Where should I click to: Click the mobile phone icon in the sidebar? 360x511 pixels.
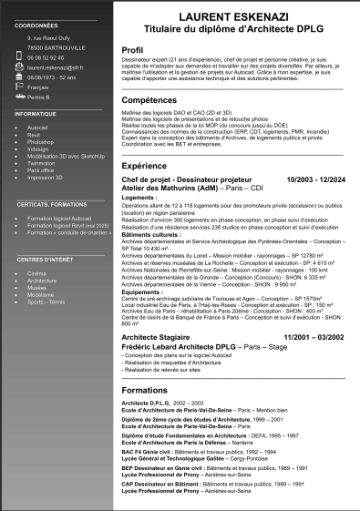(20, 57)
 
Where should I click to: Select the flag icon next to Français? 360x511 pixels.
(20, 87)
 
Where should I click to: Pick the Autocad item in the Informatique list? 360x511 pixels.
(37, 128)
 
